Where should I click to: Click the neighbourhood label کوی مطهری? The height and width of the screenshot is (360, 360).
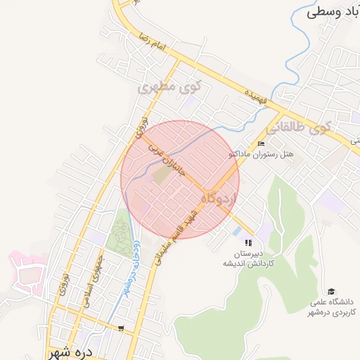click(x=171, y=88)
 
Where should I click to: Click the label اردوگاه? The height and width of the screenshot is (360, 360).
click(x=217, y=199)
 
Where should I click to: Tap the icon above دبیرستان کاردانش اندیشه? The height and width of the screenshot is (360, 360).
click(x=247, y=243)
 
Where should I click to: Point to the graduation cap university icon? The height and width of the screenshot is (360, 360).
click(x=330, y=291)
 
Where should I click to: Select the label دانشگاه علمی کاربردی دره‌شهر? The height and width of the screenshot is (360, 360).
click(x=332, y=307)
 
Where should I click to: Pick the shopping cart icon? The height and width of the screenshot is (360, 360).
click(x=121, y=328)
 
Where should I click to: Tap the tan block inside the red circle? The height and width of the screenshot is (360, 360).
click(x=162, y=176)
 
